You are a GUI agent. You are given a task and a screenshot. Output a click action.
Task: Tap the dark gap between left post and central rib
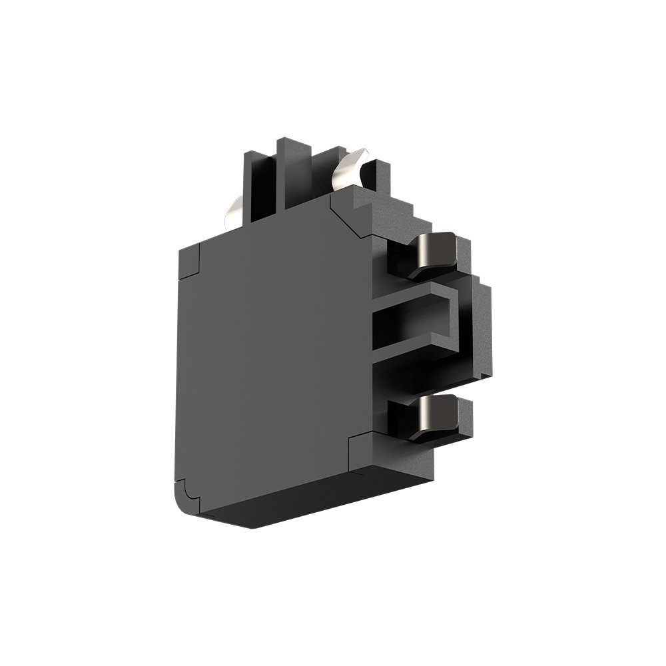[274, 186]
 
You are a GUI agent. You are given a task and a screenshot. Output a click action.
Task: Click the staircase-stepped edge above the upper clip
[400, 206]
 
